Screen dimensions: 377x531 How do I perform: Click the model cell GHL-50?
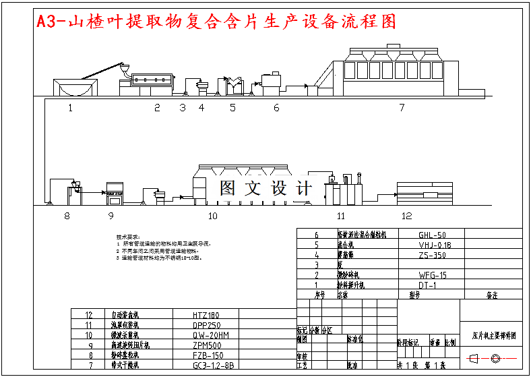432,235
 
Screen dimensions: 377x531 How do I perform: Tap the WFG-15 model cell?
433,275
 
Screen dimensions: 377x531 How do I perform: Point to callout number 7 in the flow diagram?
402,107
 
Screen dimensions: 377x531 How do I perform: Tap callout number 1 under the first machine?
69,107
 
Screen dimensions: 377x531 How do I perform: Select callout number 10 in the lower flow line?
212,216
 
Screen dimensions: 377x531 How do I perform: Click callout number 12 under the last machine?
406,216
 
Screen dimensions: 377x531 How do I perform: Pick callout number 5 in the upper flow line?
232,107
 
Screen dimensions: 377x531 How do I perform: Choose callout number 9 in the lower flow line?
111,216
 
